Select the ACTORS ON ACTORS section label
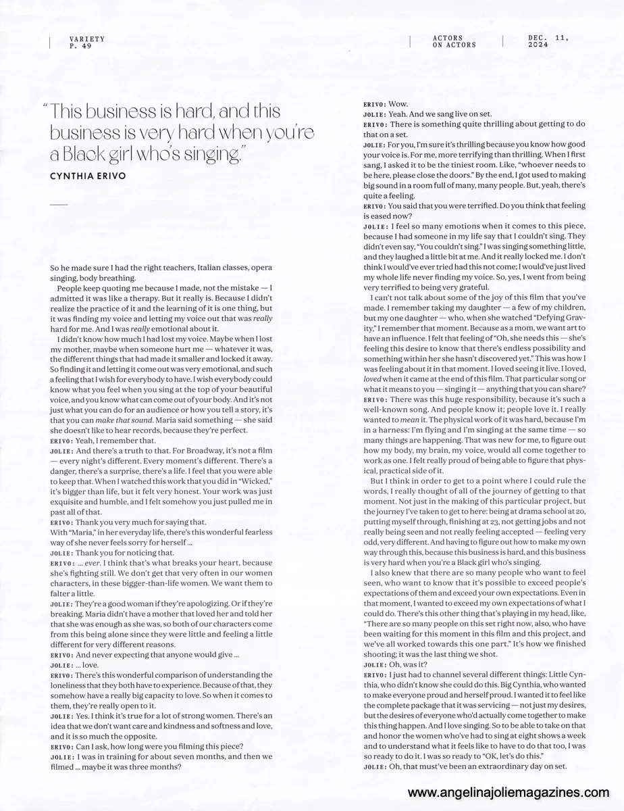point(454,42)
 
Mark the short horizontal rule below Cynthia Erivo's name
point(59,203)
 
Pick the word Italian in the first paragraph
point(194,268)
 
